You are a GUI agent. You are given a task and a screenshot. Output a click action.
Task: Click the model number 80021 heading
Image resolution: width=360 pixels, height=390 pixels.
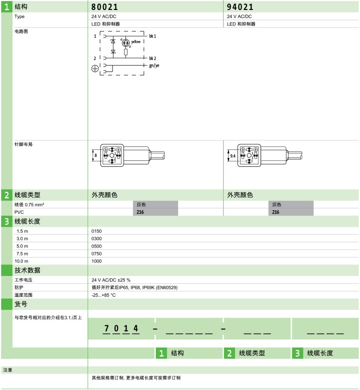click(105, 7)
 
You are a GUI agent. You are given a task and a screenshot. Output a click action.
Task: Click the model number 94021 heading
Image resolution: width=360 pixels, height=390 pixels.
click(240, 7)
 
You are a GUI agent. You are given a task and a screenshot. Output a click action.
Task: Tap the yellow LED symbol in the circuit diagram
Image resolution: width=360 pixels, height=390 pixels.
click(126, 43)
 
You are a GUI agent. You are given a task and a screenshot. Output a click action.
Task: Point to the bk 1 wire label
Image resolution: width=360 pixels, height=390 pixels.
click(153, 36)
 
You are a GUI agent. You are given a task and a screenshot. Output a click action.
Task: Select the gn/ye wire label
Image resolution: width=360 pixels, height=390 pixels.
click(154, 66)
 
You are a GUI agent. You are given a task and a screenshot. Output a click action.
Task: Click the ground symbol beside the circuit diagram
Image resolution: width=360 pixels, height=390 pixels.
click(95, 69)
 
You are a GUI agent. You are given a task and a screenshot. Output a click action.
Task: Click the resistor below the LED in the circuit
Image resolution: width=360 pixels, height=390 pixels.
click(126, 52)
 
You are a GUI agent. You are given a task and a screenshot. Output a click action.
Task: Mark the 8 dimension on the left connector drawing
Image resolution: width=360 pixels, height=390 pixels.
click(96, 155)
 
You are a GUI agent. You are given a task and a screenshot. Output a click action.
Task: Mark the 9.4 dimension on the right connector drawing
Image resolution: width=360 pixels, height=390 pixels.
click(233, 156)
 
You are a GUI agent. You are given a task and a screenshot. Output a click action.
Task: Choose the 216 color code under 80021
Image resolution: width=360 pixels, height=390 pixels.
click(140, 212)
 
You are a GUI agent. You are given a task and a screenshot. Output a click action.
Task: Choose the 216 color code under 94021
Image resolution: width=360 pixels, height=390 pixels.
click(276, 212)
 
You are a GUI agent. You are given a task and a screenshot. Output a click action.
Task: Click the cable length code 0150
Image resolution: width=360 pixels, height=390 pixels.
click(97, 231)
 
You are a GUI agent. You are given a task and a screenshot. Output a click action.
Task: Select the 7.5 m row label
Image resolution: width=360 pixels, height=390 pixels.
click(22, 254)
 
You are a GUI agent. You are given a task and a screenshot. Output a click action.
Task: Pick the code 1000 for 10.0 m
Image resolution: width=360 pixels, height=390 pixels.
click(97, 261)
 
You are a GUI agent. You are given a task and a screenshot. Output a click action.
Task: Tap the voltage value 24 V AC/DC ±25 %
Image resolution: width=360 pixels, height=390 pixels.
click(111, 280)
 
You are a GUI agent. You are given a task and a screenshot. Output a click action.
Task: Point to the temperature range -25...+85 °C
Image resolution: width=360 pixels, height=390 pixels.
click(104, 295)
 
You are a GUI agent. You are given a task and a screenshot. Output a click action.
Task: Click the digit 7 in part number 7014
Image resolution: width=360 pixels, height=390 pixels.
click(107, 328)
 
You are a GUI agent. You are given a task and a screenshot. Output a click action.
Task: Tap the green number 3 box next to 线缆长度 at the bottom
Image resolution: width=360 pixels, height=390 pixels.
click(297, 353)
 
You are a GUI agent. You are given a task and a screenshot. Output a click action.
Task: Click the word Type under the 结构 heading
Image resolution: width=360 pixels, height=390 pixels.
click(19, 16)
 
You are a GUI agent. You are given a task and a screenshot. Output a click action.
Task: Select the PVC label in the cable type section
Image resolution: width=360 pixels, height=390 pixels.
click(19, 212)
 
